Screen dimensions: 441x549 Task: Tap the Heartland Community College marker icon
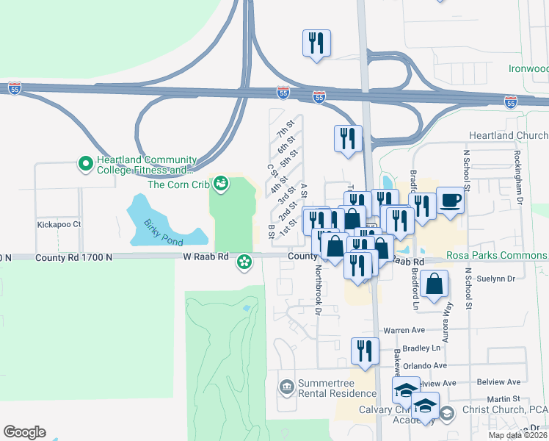pos(85,162)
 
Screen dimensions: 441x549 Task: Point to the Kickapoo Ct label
pos(58,223)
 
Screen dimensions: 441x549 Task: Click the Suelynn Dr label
pos(498,279)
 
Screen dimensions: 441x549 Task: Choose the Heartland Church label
pos(509,136)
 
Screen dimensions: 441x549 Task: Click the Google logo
pos(24,432)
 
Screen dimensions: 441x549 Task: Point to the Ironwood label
pos(528,68)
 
